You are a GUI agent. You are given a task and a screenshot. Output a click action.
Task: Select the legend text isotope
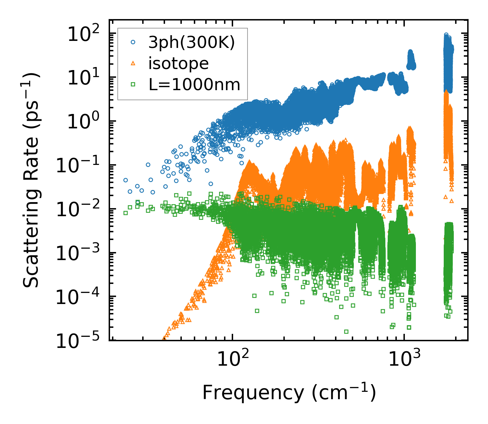(179, 63)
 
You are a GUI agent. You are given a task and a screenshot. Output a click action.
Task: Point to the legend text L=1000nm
(195, 84)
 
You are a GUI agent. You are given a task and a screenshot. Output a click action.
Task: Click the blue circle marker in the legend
(133, 43)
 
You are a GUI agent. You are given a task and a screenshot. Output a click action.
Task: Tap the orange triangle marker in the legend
(133, 63)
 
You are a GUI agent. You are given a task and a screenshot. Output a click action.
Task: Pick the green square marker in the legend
(133, 84)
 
